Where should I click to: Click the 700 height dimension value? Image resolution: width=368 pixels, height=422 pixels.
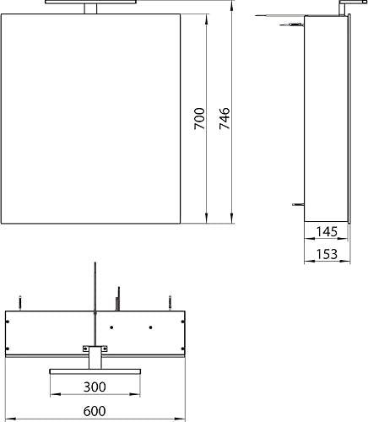click(x=199, y=119)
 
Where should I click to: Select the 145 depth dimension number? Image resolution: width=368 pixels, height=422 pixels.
click(x=326, y=231)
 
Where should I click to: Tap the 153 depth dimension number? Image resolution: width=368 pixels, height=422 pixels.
click(x=326, y=253)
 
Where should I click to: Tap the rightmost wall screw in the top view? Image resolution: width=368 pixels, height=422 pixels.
click(x=170, y=300)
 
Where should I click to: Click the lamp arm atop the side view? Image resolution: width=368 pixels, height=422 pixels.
click(x=344, y=7)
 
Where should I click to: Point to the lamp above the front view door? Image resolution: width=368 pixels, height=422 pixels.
click(x=95, y=5)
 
